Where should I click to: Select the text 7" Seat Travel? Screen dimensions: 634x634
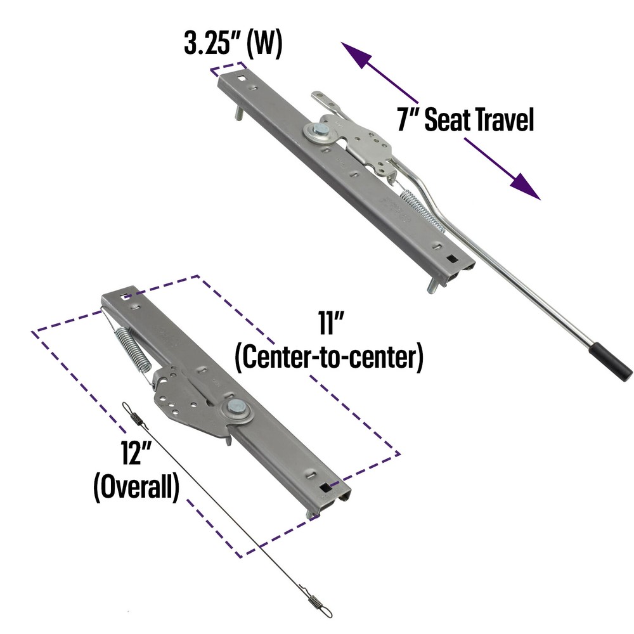pyautogui.click(x=465, y=119)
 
